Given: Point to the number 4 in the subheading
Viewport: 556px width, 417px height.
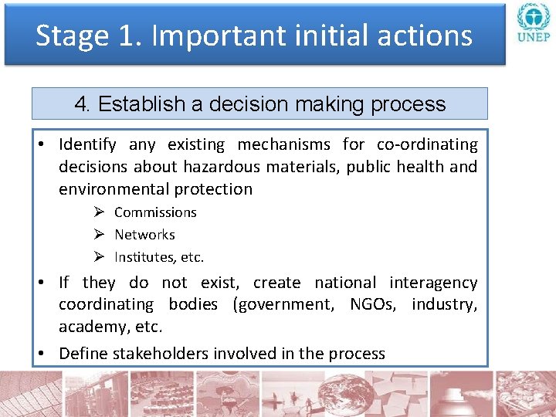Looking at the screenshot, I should [80, 104].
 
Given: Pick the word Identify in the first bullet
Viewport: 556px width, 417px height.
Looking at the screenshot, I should [87, 144].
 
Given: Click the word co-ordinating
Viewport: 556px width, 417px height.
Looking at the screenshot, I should [427, 144].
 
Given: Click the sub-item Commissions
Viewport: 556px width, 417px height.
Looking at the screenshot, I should [155, 212].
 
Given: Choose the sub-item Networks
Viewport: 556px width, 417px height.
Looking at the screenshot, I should [144, 235].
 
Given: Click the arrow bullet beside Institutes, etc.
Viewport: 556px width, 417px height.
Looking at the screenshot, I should [99, 257].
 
